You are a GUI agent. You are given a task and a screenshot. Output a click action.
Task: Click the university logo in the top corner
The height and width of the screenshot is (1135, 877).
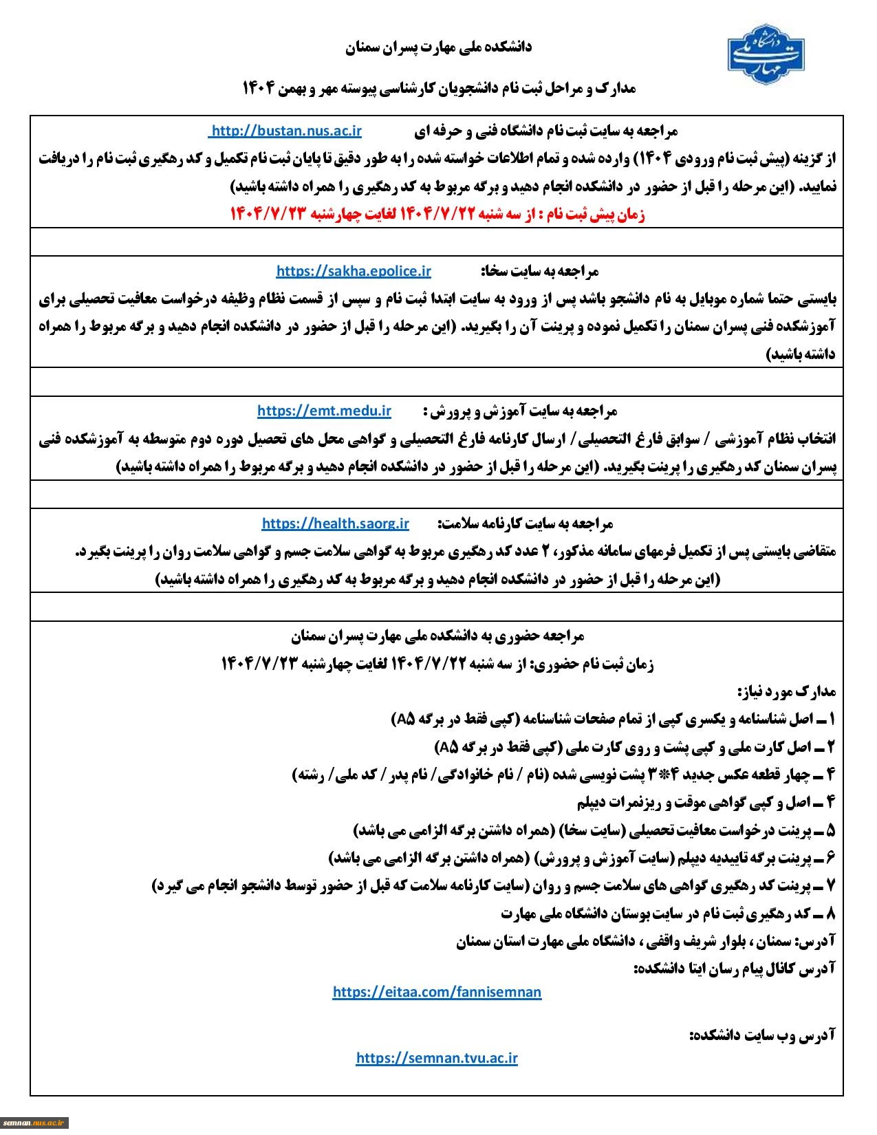coord(769,50)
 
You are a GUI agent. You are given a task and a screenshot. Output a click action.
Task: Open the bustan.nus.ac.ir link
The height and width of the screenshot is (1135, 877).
coord(285,131)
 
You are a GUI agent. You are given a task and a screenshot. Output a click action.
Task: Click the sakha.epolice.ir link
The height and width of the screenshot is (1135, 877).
coord(354,271)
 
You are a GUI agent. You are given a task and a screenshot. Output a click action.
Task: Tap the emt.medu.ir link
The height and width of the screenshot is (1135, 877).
coord(324,411)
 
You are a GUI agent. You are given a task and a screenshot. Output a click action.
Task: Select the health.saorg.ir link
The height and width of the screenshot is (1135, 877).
coord(335,523)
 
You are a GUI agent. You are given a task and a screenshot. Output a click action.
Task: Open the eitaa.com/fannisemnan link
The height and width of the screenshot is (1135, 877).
coord(437,991)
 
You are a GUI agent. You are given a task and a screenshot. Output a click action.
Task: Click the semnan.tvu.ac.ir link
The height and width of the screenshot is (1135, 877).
coord(437,1058)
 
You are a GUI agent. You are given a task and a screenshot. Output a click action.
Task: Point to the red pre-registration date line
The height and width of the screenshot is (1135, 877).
coord(437,215)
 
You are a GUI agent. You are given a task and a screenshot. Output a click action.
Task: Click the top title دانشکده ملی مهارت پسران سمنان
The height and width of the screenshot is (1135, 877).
coord(438,47)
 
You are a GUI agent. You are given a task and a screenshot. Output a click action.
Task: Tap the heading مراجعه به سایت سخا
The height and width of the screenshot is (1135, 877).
coord(539,271)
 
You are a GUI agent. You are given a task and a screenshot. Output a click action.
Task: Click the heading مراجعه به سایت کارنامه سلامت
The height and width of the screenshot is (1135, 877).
coord(526,524)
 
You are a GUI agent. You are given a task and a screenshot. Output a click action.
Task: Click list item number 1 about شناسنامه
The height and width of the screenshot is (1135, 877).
coord(613,719)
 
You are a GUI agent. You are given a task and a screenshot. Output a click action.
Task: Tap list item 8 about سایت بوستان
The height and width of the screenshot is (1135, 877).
coord(667,914)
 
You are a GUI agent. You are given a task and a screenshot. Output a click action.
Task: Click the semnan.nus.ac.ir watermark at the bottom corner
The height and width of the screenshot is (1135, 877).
coord(34,1122)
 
